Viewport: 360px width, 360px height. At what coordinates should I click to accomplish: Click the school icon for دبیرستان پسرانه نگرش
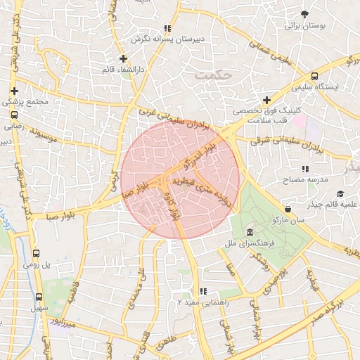point(167,29)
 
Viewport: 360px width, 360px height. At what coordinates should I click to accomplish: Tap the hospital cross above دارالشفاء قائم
point(123,58)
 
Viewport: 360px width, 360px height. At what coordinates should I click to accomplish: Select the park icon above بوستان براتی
point(304,13)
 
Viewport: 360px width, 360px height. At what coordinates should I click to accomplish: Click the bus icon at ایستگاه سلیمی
point(314,76)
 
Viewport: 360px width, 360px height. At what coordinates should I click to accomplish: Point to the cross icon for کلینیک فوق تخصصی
point(266,101)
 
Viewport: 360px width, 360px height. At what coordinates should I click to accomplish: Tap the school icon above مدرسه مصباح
point(305,169)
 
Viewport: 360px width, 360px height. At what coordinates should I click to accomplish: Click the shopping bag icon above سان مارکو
point(288,209)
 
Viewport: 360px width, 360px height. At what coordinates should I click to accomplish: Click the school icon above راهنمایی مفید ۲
point(203,291)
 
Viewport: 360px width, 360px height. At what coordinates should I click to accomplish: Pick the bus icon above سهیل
point(38,297)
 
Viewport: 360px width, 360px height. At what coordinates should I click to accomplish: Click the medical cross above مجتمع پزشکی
point(14,91)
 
